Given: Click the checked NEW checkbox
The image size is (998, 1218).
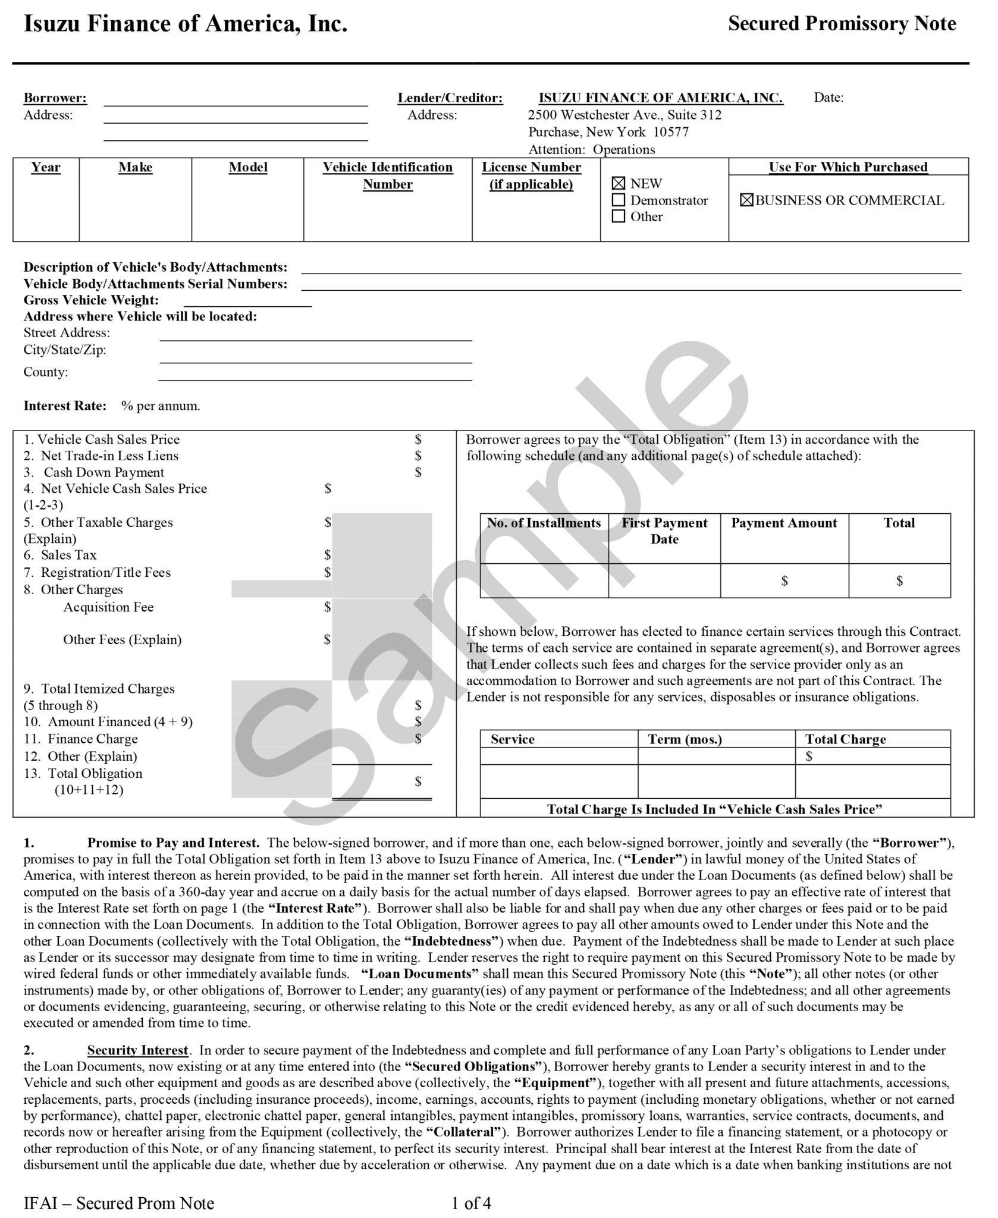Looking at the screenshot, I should [619, 184].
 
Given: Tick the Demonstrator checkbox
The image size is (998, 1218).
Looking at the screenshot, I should [619, 200].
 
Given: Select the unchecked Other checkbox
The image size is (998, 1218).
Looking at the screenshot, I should [619, 216].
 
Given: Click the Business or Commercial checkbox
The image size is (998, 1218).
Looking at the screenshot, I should [746, 200].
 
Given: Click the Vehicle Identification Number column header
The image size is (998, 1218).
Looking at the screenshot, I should [388, 175].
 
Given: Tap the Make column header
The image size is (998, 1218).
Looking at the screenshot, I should [135, 168].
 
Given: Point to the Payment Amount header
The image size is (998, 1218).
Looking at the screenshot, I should [784, 523].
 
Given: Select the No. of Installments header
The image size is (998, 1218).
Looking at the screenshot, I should [544, 523].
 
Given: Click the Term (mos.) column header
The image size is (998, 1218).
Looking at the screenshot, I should [685, 739].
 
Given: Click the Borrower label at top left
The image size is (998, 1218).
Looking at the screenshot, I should [55, 98].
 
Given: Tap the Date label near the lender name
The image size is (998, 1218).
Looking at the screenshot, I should [828, 98].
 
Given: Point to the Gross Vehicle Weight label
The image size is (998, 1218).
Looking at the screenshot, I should [91, 300].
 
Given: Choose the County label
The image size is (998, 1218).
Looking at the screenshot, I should [46, 372].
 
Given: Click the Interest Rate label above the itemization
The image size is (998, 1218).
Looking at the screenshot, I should [65, 406].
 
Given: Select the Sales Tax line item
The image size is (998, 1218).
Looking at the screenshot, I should [68, 555].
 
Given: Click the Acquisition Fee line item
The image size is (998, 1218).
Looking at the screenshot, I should [108, 607].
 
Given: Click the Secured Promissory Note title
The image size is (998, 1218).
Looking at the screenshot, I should [842, 24].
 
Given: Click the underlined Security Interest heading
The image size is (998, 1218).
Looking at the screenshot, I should [138, 1050].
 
